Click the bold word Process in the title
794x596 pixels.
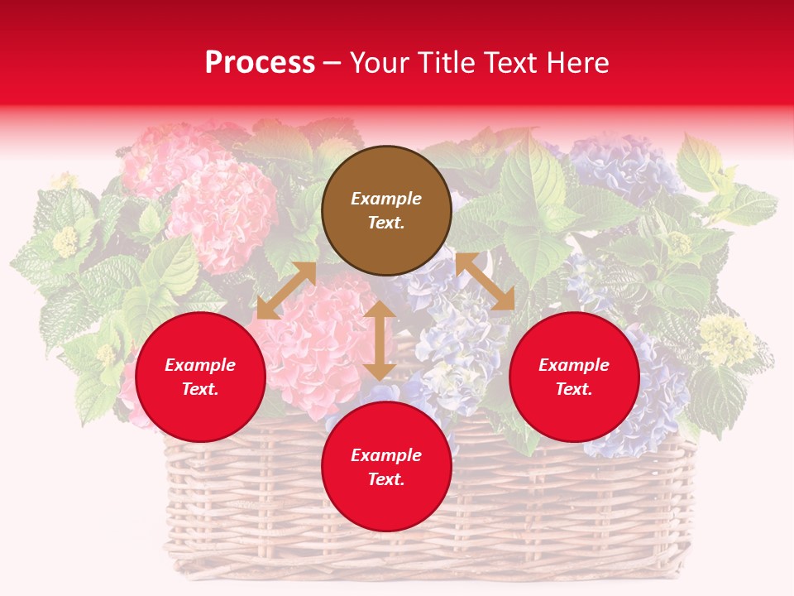tap(260, 63)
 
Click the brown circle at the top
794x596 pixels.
tap(386, 210)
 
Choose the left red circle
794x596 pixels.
tap(200, 377)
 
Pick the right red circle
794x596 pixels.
tap(574, 377)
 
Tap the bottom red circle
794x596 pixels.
tap(386, 466)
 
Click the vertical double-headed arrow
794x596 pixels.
tap(380, 339)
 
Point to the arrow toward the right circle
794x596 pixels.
tap(485, 281)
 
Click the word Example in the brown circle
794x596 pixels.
tap(386, 199)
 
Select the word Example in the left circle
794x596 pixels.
tap(200, 365)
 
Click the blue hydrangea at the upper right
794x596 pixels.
tap(620, 166)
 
